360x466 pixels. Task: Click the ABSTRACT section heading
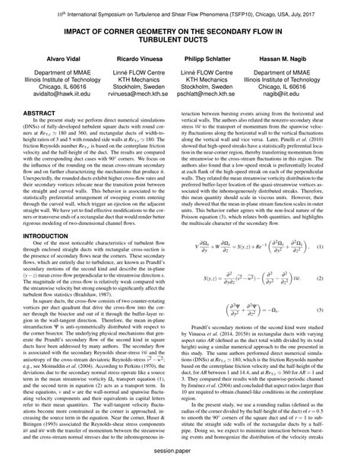pos(40,132)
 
